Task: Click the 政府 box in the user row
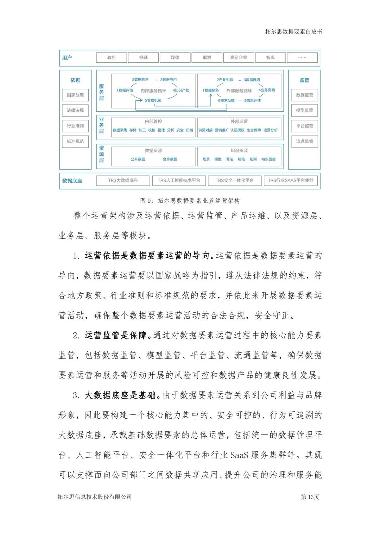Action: click(x=112, y=57)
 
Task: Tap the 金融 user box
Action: click(x=143, y=57)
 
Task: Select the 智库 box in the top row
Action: click(x=270, y=57)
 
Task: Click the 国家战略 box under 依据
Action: click(x=75, y=95)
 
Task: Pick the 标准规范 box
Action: click(x=75, y=141)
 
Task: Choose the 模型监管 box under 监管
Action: click(x=304, y=110)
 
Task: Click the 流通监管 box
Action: click(x=304, y=141)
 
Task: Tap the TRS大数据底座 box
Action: click(x=123, y=180)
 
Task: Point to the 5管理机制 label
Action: click(x=153, y=100)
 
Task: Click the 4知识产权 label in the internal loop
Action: click(x=181, y=90)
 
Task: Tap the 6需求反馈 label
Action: click(x=226, y=100)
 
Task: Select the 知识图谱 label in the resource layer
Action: click(x=268, y=159)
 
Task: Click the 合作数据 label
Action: click(x=170, y=159)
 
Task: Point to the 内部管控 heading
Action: click(x=153, y=121)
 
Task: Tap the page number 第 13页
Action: click(x=310, y=497)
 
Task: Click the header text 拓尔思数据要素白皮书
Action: click(x=293, y=32)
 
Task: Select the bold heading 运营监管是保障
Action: click(x=116, y=335)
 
